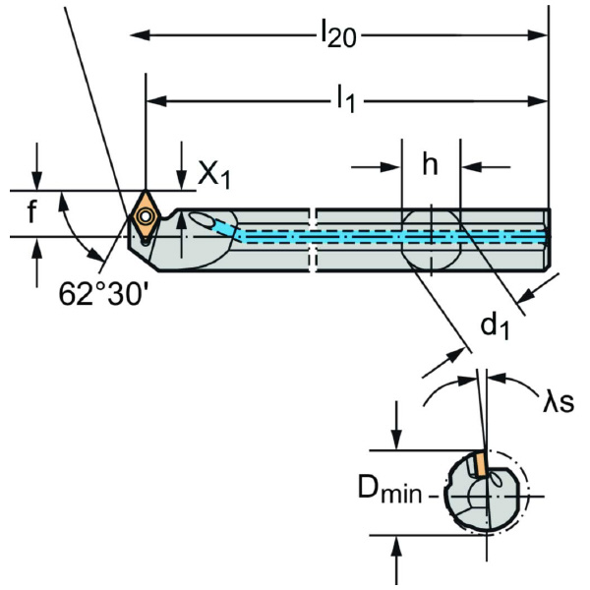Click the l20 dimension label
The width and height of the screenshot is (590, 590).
pos(337,35)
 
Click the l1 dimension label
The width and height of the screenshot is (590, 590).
pos(343,98)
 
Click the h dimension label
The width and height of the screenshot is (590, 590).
pos(430,164)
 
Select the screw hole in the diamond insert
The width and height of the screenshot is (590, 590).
pos(146,213)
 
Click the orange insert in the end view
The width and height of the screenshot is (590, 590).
pos(478,461)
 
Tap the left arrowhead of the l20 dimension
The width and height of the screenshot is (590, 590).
pos(139,35)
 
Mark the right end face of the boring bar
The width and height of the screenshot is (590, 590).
pos(548,237)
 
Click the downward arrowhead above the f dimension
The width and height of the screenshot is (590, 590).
pos(36,183)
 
